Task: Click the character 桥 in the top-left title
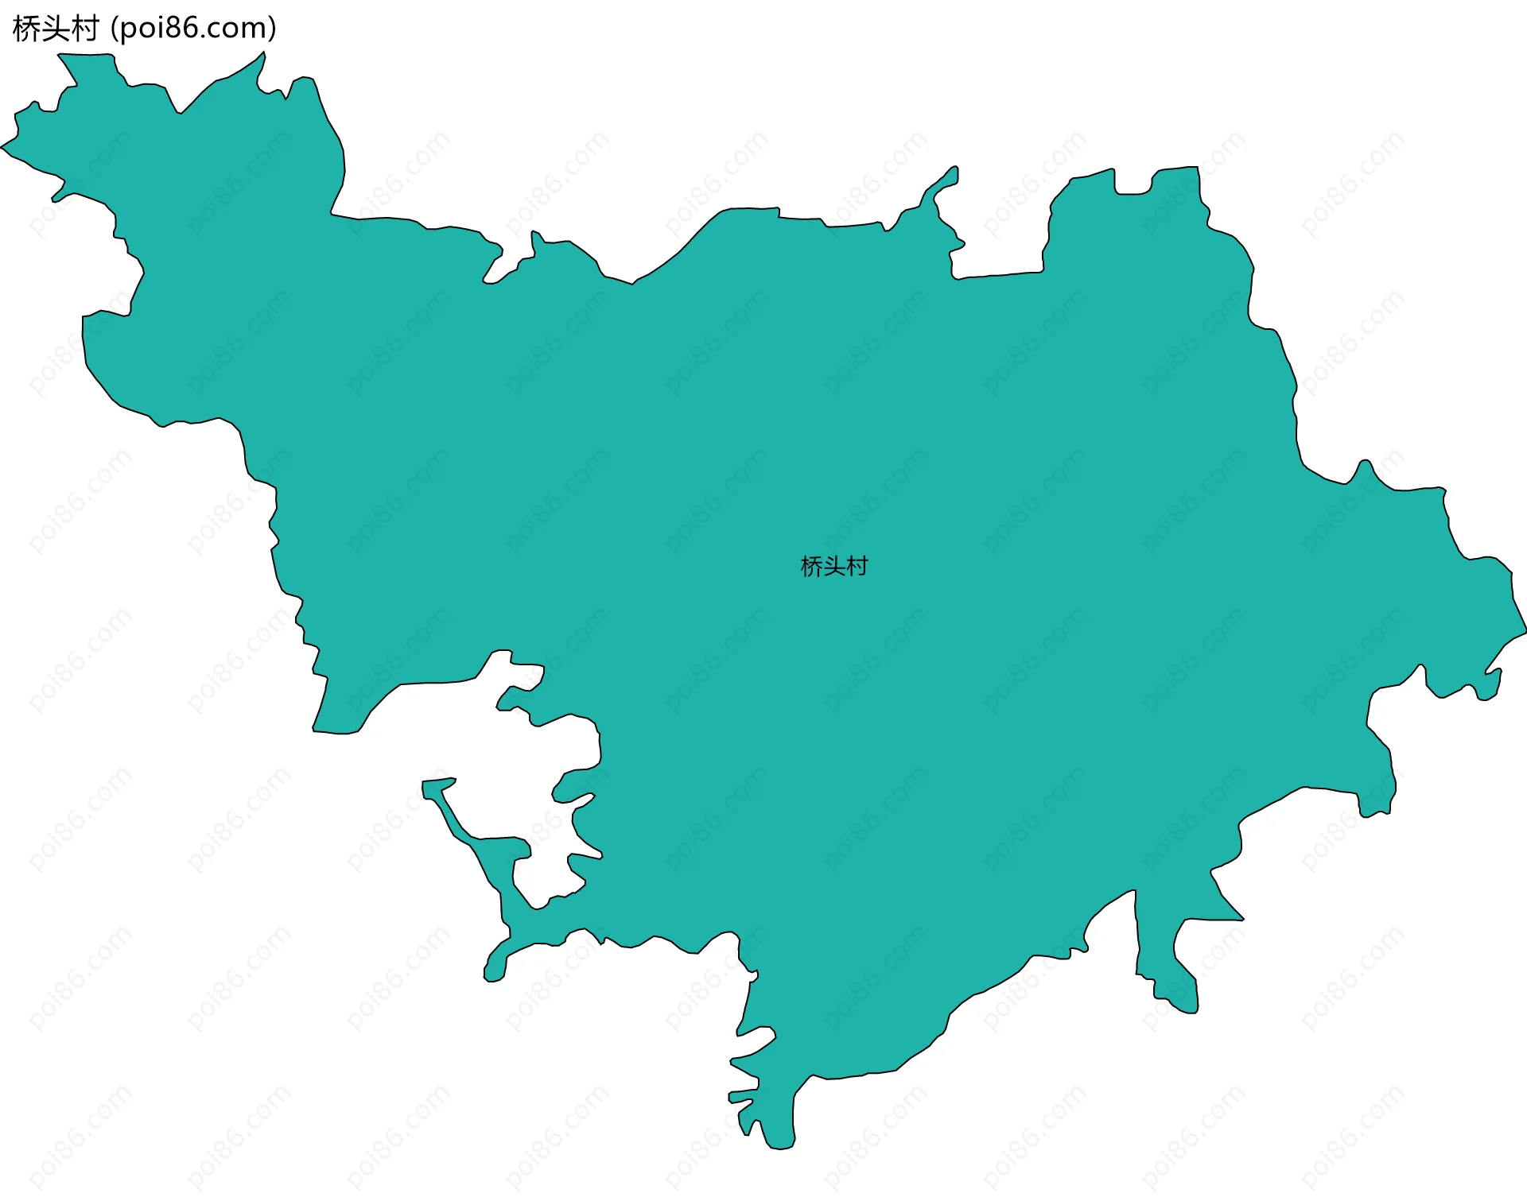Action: pyautogui.click(x=27, y=29)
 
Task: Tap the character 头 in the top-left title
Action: pyautogui.click(x=56, y=29)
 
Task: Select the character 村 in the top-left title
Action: pyautogui.click(x=85, y=29)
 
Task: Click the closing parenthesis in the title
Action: pyautogui.click(x=273, y=29)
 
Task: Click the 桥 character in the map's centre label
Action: pyautogui.click(x=811, y=567)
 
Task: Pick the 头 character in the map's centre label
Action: pyautogui.click(x=834, y=567)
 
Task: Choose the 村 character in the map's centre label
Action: pyautogui.click(x=857, y=567)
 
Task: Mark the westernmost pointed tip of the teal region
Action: pyautogui.click(x=2, y=147)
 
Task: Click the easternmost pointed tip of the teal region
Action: pyautogui.click(x=1525, y=632)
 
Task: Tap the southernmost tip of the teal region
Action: pyautogui.click(x=781, y=1148)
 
